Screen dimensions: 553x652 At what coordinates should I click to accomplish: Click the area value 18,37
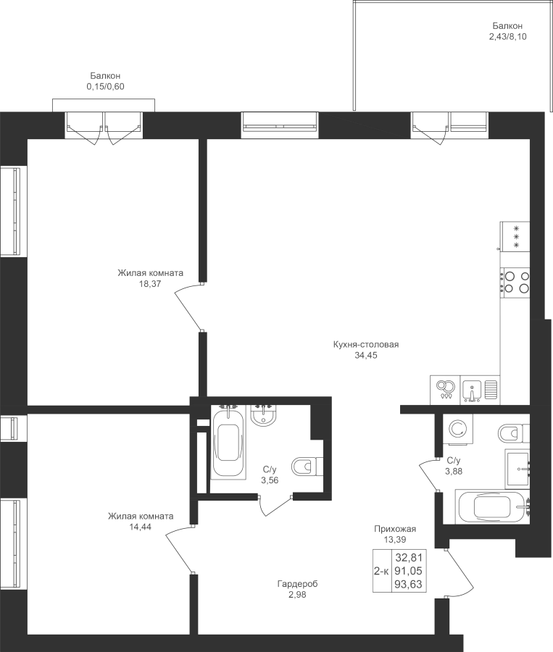[x=150, y=284]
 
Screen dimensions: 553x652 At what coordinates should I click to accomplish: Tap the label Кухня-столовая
[x=366, y=345]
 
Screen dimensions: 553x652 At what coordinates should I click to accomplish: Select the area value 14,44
[x=140, y=527]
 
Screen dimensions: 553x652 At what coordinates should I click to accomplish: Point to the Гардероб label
[x=297, y=584]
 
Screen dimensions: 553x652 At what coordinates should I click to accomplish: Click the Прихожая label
[x=395, y=529]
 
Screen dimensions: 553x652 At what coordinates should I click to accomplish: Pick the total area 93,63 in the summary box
[x=409, y=584]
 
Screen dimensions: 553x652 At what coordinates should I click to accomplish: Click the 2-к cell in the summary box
[x=381, y=572]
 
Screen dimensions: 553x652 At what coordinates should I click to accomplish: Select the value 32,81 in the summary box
[x=409, y=557]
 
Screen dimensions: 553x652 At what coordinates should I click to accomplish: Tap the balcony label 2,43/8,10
[x=507, y=37]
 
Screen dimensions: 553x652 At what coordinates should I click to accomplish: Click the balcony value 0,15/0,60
[x=105, y=86]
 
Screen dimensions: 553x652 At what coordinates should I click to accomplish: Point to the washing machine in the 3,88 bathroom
[x=458, y=429]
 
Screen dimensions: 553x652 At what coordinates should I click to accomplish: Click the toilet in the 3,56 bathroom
[x=307, y=467]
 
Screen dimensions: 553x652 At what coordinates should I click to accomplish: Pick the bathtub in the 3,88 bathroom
[x=493, y=507]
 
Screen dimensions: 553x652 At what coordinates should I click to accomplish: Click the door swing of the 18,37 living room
[x=186, y=304]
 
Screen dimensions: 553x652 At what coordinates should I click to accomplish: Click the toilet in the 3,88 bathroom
[x=513, y=434]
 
